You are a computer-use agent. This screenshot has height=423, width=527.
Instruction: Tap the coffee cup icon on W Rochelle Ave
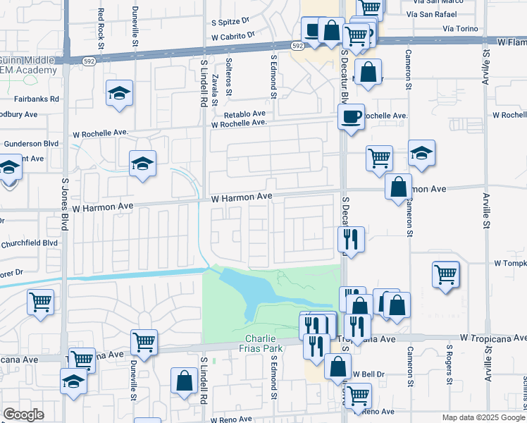pos(350,116)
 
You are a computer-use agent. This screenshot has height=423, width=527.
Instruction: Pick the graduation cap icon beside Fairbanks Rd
pos(119,93)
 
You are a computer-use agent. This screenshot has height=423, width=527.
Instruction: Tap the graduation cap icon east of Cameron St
pos(421,153)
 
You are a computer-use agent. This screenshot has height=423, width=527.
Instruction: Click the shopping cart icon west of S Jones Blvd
pos(40,302)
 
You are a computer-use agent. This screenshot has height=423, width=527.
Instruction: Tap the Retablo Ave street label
pos(244,114)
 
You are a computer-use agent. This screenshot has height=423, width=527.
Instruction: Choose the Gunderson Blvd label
pos(31,143)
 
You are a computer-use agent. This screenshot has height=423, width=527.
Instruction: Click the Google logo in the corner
pos(23,415)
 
